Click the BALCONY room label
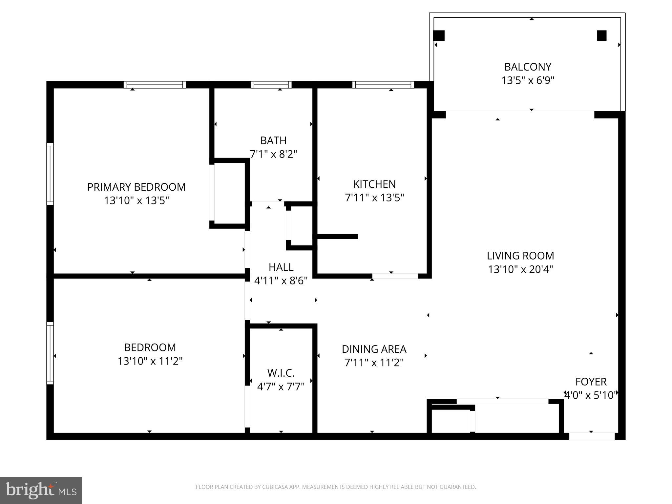tap(528, 67)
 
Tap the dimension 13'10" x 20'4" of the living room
tap(520, 269)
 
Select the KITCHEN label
tap(374, 184)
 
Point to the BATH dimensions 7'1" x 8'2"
tap(273, 154)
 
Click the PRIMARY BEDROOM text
tap(136, 187)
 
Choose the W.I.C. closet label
tap(281, 373)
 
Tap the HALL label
tap(281, 267)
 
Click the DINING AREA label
tap(374, 349)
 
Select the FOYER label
tap(591, 382)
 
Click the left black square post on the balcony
tap(439, 35)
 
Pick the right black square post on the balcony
tap(601, 35)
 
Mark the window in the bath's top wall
tap(271, 85)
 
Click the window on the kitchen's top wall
tap(383, 85)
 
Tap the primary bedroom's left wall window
tap(50, 174)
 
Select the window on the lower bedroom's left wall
tap(50, 353)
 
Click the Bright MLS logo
tap(41, 491)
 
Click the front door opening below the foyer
tap(592, 436)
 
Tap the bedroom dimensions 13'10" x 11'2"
tap(150, 361)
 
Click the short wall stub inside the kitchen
tap(337, 236)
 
